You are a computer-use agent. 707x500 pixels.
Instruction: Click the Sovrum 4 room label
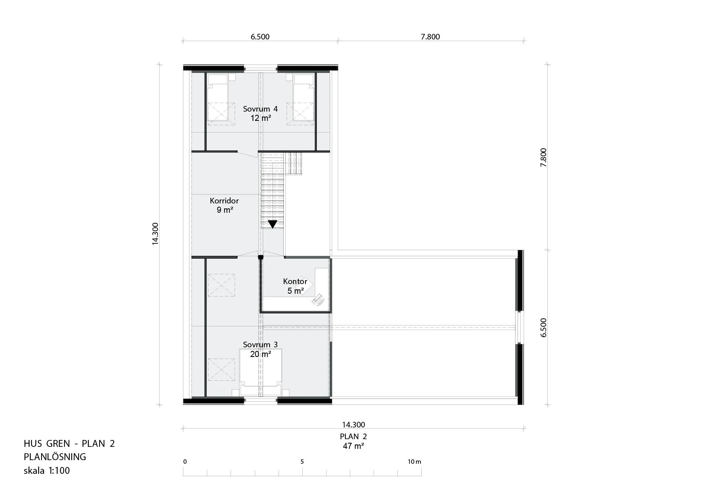(260, 109)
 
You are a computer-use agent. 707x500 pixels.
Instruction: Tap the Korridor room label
(224, 201)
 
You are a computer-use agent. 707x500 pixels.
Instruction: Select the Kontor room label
(295, 281)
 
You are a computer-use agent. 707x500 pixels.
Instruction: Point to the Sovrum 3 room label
(260, 344)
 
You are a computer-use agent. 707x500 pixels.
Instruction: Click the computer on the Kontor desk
(318, 300)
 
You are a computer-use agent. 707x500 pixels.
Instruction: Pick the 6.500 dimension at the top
(260, 37)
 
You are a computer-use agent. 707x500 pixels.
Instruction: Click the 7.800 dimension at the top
(430, 37)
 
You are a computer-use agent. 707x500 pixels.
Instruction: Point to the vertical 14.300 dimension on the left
(156, 234)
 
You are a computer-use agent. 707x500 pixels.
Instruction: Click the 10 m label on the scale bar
(414, 462)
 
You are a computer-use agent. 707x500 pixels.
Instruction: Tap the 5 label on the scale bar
(302, 462)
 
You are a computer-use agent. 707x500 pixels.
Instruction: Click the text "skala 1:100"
(47, 470)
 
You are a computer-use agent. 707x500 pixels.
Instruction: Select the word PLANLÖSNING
(55, 457)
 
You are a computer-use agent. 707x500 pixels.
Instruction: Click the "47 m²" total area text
(353, 446)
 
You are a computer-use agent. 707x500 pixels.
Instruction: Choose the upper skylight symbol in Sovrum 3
(221, 285)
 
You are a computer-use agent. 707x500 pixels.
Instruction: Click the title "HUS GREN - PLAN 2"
(69, 444)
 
